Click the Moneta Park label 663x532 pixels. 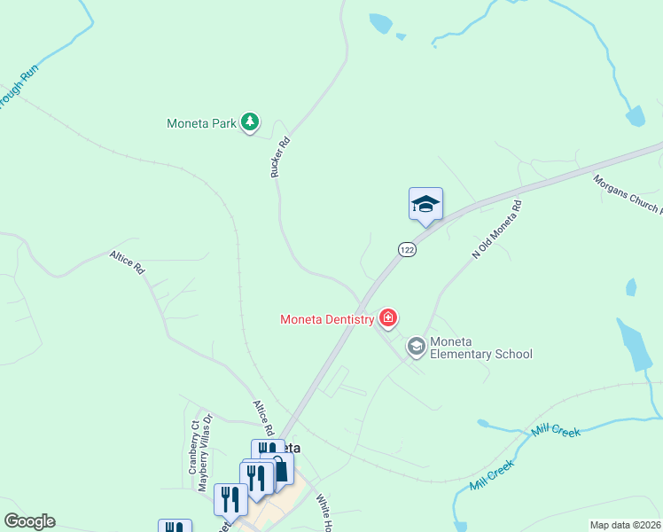[201, 123]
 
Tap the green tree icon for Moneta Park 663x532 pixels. [250, 122]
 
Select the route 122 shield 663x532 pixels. [407, 250]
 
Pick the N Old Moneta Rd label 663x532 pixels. [497, 229]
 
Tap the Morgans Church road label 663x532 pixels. [628, 194]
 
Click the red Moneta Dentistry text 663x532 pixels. [327, 319]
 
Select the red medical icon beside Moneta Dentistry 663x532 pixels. [387, 317]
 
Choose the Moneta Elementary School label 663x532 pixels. [480, 348]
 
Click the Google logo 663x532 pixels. [29, 521]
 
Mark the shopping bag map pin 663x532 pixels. [281, 470]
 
